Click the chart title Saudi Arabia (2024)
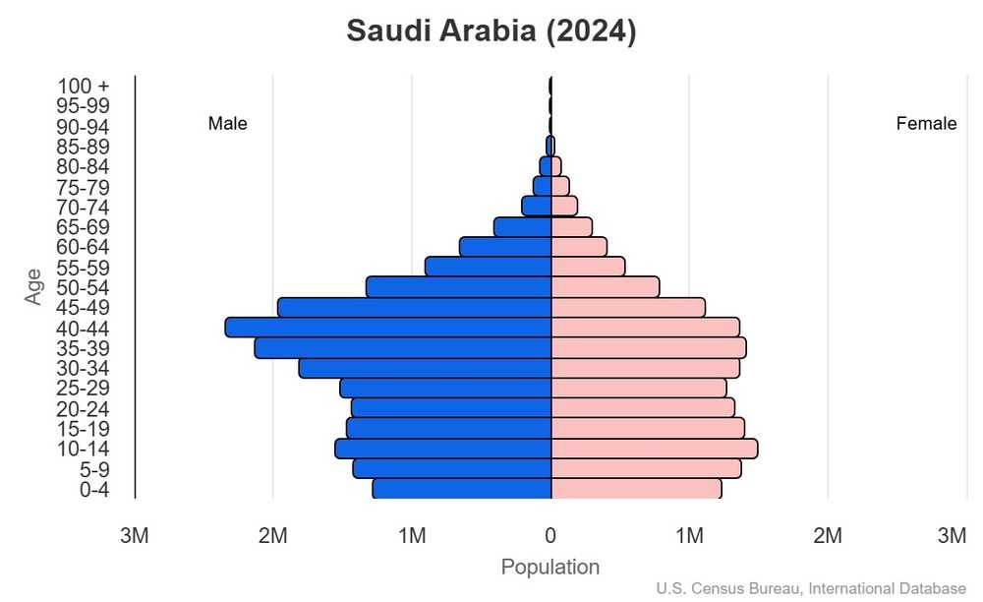491,31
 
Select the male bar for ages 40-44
388,328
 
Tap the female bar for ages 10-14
654,449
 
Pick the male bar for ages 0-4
461,489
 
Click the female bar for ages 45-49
627,308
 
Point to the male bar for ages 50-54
458,287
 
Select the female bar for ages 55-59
588,267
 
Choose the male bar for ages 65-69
522,227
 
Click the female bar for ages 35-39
648,348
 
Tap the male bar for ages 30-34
425,368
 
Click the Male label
228,124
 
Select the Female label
926,124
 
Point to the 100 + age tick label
84,86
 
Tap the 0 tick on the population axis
550,536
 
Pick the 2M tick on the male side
272,536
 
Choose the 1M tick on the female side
689,536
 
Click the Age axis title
34,286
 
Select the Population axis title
550,568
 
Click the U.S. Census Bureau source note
811,588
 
